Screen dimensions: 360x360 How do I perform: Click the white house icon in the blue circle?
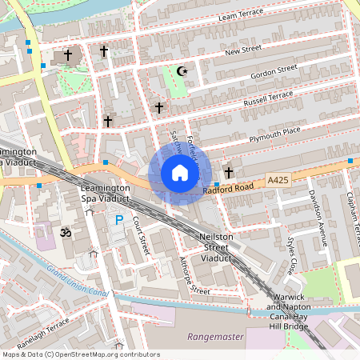(180, 173)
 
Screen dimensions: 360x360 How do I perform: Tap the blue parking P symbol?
(119, 220)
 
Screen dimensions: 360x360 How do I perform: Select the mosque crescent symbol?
(182, 71)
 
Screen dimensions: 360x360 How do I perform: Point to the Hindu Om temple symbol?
(66, 233)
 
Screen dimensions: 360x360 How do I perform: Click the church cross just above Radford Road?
(229, 172)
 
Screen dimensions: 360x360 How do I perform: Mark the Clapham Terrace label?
(350, 208)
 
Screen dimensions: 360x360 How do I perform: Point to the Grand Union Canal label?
(78, 280)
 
